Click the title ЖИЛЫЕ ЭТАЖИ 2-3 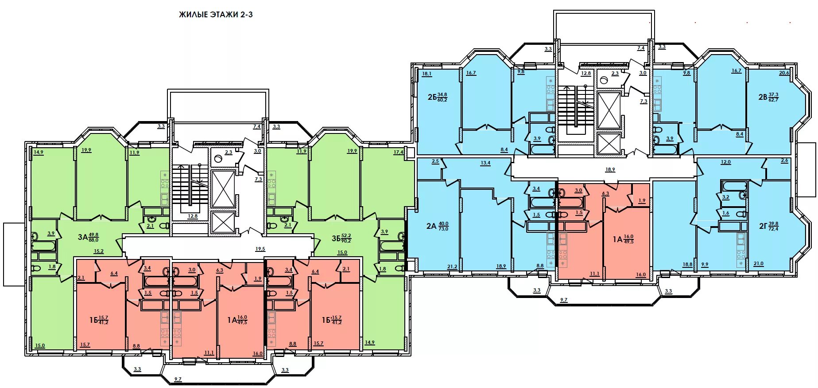[216, 15]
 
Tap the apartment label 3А [82, 237]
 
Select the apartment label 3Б [336, 239]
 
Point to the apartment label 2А [431, 226]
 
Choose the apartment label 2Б [432, 97]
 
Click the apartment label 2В [763, 97]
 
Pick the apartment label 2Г [763, 226]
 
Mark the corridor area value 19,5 [260, 249]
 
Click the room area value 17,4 [398, 152]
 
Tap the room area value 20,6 [784, 73]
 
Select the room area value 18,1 [427, 74]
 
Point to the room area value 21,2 [452, 267]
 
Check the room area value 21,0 [758, 264]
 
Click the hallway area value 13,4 [485, 163]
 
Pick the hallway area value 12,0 [725, 162]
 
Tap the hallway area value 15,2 [99, 251]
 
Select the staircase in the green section [190, 185]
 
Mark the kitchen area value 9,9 [705, 265]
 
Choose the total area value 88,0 [93, 240]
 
